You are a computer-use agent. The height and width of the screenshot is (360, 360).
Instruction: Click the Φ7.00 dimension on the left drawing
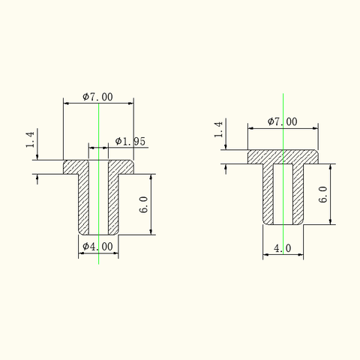coord(97,97)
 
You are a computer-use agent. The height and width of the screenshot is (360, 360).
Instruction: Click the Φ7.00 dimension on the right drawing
coord(283,121)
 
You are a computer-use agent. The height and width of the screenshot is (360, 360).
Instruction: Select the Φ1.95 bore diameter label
coord(130,142)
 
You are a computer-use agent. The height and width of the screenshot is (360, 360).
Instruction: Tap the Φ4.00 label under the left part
coord(97,247)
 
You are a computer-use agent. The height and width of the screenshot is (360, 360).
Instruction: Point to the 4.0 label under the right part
coord(283,248)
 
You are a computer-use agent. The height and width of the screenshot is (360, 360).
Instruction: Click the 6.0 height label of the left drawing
coord(144,205)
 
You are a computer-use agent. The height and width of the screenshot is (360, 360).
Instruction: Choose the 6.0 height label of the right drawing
coord(323,194)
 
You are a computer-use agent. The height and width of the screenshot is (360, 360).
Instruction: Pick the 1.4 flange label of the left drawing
coord(30,139)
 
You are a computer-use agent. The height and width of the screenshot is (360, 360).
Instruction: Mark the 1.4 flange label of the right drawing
coord(218,129)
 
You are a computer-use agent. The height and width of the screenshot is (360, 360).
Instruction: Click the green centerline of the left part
coord(99,184)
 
